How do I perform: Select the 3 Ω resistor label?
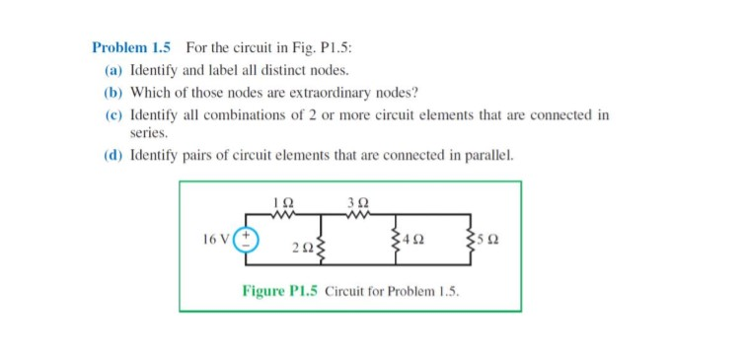coord(356,201)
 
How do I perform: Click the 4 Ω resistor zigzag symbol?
coord(394,240)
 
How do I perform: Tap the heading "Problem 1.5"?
coord(131,46)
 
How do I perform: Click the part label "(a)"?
coord(113,71)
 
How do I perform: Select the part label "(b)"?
coord(113,93)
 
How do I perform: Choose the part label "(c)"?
coord(113,114)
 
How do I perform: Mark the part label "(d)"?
coord(113,155)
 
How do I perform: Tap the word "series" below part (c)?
coord(149,132)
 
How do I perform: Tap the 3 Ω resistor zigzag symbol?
coord(356,213)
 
